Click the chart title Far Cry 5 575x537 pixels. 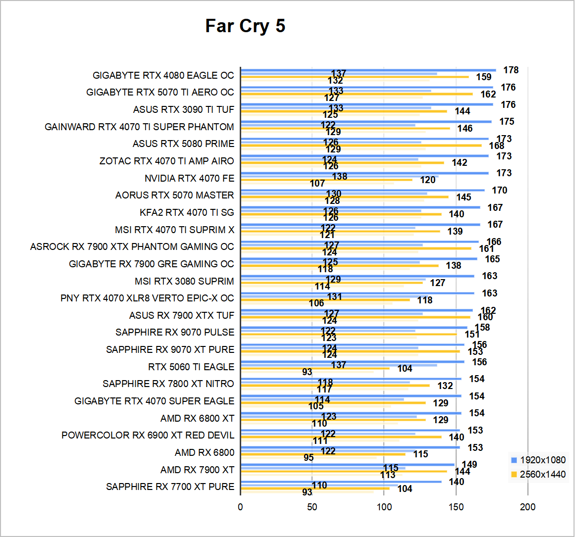point(245,26)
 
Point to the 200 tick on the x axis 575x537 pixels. point(528,507)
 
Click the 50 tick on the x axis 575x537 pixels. point(312,507)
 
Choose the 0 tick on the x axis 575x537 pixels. point(240,507)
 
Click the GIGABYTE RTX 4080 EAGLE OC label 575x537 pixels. point(163,75)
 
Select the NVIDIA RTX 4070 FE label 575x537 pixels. point(189,178)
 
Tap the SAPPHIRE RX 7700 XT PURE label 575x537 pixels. point(170,487)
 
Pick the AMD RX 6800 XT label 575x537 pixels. point(197,419)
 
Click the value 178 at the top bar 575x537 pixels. point(511,70)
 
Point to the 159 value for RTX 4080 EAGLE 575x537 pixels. point(483,77)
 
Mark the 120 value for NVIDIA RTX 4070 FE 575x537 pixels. point(428,180)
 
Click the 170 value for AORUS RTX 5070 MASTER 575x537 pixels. point(499,191)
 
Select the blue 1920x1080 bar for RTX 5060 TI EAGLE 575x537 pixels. point(352,362)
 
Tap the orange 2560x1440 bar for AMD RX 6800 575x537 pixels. point(322,454)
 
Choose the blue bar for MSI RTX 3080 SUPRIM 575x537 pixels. point(357,276)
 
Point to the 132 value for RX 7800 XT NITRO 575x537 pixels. point(445,386)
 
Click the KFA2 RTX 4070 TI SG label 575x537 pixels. point(187,212)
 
